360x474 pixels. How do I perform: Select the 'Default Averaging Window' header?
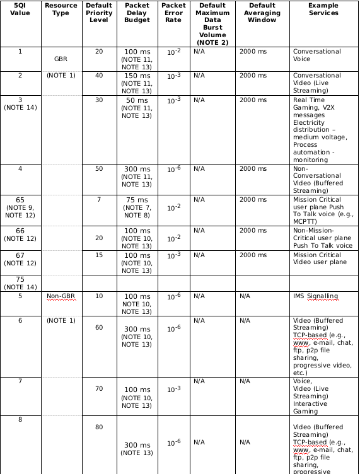(x=257, y=13)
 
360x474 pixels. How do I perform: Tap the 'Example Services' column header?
(x=323, y=9)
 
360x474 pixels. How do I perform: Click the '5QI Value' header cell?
(x=20, y=9)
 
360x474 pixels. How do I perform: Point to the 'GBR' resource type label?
(x=61, y=59)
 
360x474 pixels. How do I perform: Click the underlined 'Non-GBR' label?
(x=61, y=296)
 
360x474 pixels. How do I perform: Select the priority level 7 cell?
(x=99, y=199)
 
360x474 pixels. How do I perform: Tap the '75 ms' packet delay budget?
(x=137, y=199)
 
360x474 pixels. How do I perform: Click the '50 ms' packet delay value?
(x=137, y=100)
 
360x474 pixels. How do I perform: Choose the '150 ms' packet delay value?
(x=137, y=76)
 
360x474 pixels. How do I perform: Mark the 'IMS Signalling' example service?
(x=315, y=296)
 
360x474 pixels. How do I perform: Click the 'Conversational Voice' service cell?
(x=316, y=55)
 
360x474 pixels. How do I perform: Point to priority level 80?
(x=99, y=427)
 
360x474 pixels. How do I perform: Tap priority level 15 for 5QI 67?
(x=99, y=255)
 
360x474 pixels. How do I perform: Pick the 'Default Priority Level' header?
(x=99, y=13)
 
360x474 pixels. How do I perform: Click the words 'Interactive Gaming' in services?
(x=310, y=408)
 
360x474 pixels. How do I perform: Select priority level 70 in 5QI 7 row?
(x=99, y=389)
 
